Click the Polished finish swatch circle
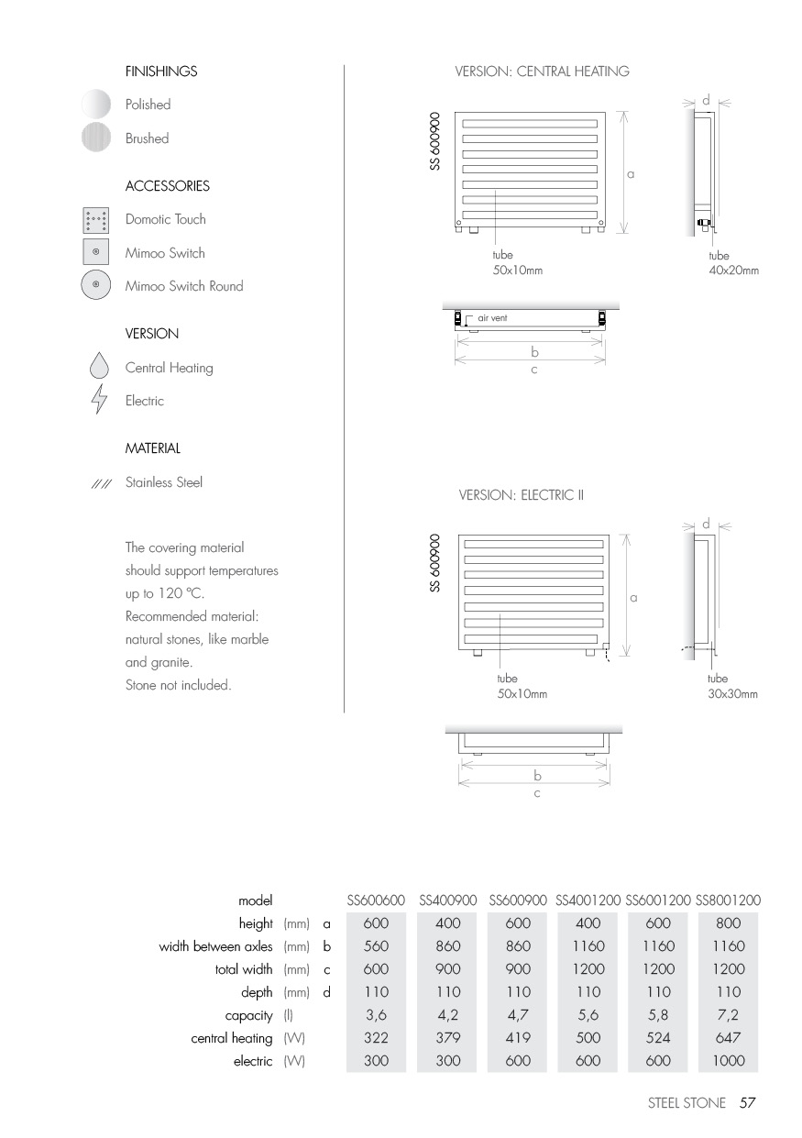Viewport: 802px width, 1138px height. [x=96, y=105]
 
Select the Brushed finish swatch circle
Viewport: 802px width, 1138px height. [x=96, y=138]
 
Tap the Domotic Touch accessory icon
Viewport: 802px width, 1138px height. [x=96, y=220]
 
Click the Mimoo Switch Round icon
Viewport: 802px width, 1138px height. [x=96, y=286]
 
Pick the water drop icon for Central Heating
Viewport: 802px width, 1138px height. [x=98, y=368]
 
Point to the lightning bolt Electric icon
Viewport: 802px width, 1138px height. [x=98, y=401]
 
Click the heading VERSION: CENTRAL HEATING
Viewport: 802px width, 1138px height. [x=542, y=72]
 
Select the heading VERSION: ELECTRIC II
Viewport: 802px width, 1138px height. [x=521, y=495]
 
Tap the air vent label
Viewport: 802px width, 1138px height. [x=493, y=318]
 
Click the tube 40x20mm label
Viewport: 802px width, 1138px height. [x=733, y=263]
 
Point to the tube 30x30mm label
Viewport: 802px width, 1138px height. [x=732, y=687]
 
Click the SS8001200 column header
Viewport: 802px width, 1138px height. [x=729, y=901]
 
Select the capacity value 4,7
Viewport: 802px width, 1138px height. [x=518, y=1015]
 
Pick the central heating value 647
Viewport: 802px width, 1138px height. [x=728, y=1038]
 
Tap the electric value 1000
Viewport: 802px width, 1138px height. [x=728, y=1061]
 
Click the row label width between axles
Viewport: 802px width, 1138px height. [x=215, y=946]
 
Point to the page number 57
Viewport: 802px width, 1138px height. [x=747, y=1103]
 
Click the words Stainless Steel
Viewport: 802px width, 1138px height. [x=164, y=482]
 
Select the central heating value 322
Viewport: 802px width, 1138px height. [x=376, y=1038]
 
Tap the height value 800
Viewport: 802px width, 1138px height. [x=728, y=923]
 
